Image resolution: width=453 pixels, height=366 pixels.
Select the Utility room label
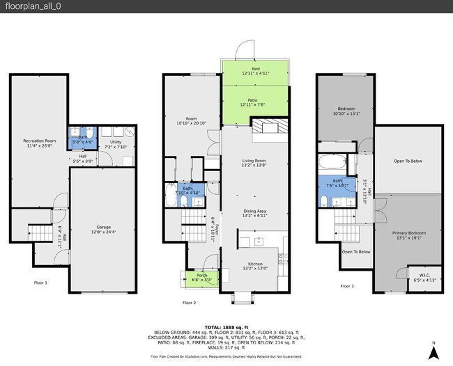(116, 144)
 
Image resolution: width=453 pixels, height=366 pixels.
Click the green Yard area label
(255, 70)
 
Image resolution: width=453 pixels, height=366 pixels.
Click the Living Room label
(254, 163)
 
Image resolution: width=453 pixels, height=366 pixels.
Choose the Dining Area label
(254, 213)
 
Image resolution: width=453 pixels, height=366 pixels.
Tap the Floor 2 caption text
(189, 303)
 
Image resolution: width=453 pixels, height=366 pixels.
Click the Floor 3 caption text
(346, 286)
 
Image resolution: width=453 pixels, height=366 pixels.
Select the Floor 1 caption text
(41, 283)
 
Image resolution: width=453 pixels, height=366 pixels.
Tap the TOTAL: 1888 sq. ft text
(227, 327)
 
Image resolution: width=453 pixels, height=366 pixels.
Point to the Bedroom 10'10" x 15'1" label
(346, 111)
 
